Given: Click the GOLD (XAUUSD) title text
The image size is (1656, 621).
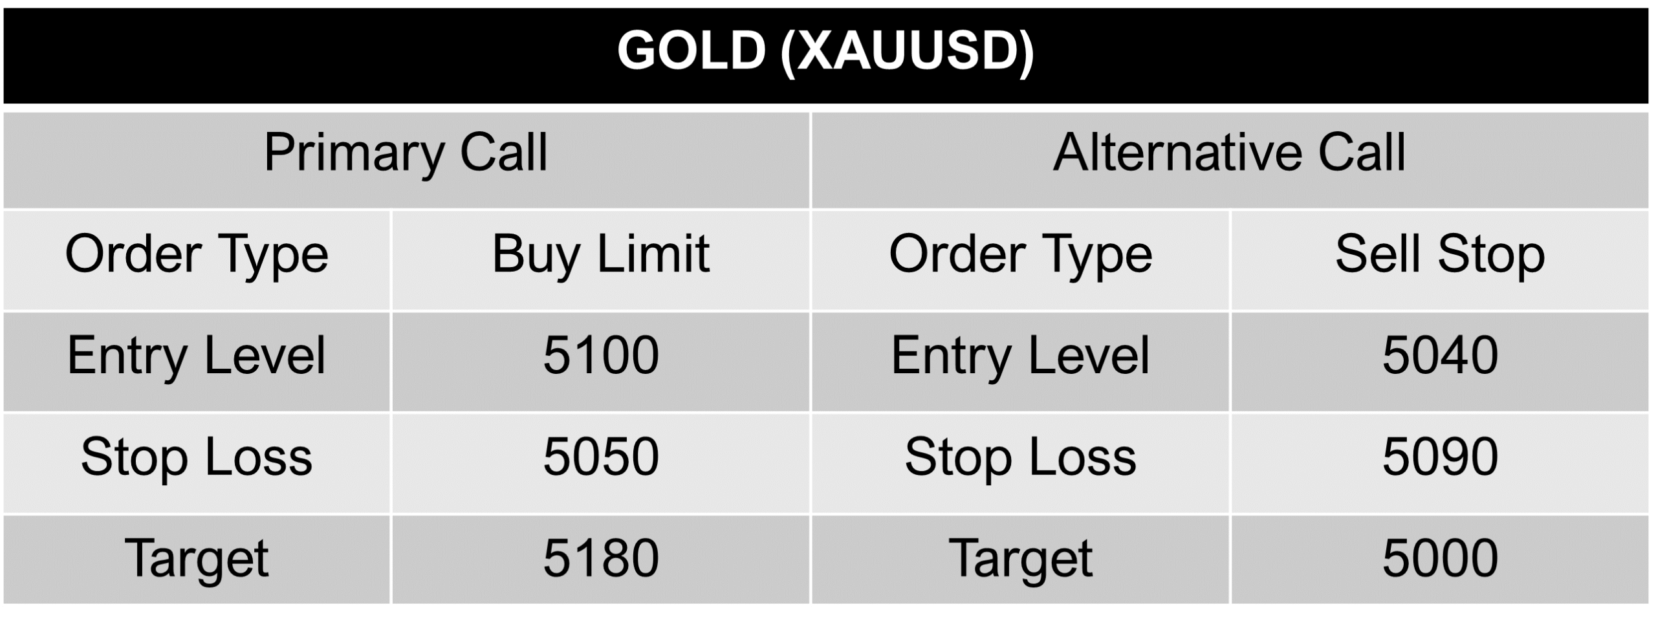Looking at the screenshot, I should [x=825, y=52].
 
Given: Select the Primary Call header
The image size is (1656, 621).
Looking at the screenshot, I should [x=406, y=153].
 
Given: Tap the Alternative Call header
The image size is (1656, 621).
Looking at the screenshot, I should [x=1229, y=153].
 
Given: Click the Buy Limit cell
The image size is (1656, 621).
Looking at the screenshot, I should [x=600, y=254].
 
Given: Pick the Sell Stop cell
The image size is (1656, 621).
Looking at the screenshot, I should [x=1440, y=254].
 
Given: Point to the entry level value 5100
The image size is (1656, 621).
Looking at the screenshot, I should [x=600, y=356].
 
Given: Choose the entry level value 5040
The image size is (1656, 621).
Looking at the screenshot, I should [x=1440, y=356].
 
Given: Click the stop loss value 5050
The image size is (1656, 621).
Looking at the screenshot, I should [x=600, y=457].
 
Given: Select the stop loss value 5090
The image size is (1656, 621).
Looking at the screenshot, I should [x=1440, y=457].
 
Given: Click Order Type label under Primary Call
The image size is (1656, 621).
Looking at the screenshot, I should [x=197, y=254].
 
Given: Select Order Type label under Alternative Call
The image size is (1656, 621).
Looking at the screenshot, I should [x=1020, y=254].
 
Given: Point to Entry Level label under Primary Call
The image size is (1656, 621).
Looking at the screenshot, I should [x=197, y=356].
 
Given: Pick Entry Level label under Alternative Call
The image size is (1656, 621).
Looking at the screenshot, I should [x=1020, y=356].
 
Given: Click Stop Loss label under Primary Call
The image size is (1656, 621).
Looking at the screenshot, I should [x=197, y=457].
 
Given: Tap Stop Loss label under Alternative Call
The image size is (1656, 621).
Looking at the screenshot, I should [x=1020, y=457].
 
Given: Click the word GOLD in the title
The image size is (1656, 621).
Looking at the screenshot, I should [x=691, y=52].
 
